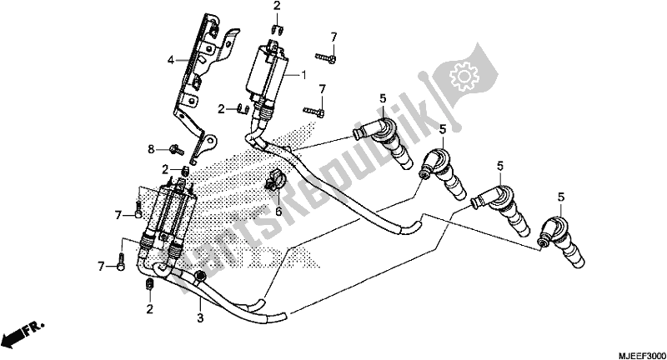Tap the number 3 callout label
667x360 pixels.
(x=200, y=317)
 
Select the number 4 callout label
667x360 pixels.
(x=171, y=60)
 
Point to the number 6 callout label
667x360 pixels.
(x=278, y=210)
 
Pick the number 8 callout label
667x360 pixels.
(x=151, y=149)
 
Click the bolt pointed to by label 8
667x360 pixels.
(x=177, y=149)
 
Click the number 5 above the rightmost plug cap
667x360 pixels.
(x=561, y=197)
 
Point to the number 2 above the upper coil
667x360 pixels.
(x=277, y=7)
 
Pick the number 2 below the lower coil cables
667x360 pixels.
(x=149, y=309)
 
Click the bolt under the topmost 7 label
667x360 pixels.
(x=326, y=57)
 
